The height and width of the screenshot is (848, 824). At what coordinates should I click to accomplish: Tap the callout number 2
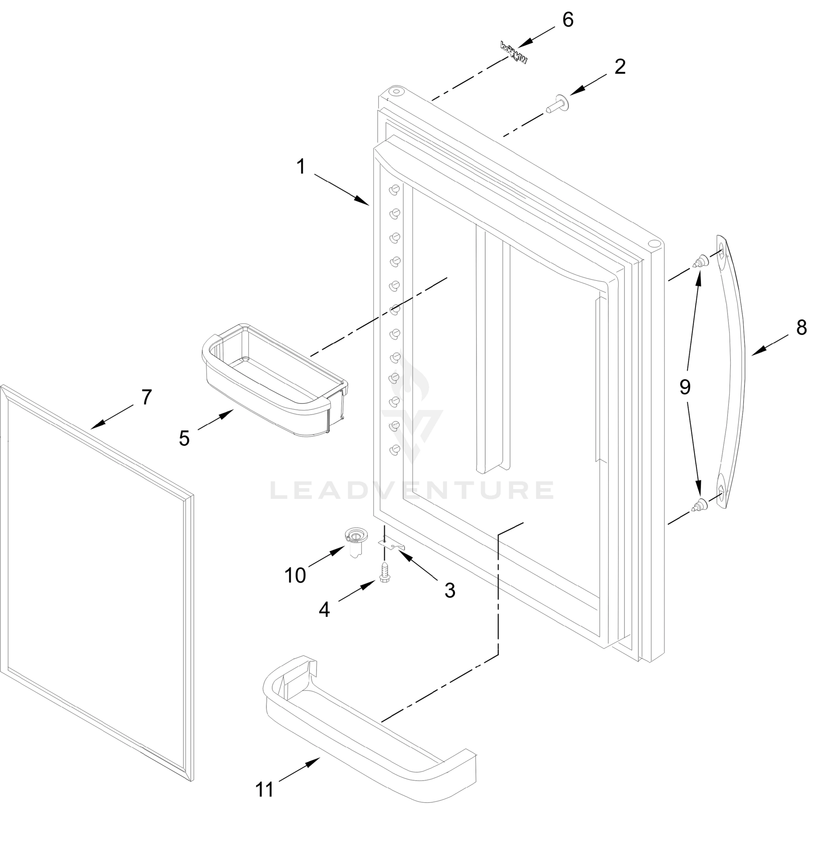620,67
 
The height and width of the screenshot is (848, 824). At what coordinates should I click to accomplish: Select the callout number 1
301,167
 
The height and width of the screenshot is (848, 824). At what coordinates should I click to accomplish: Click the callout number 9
684,387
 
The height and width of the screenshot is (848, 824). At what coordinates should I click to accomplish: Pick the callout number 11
265,790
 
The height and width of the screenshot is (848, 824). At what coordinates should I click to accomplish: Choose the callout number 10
295,575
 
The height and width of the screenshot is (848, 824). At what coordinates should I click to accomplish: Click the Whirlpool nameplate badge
514,53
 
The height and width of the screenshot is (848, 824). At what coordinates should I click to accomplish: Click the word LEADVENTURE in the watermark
411,490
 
